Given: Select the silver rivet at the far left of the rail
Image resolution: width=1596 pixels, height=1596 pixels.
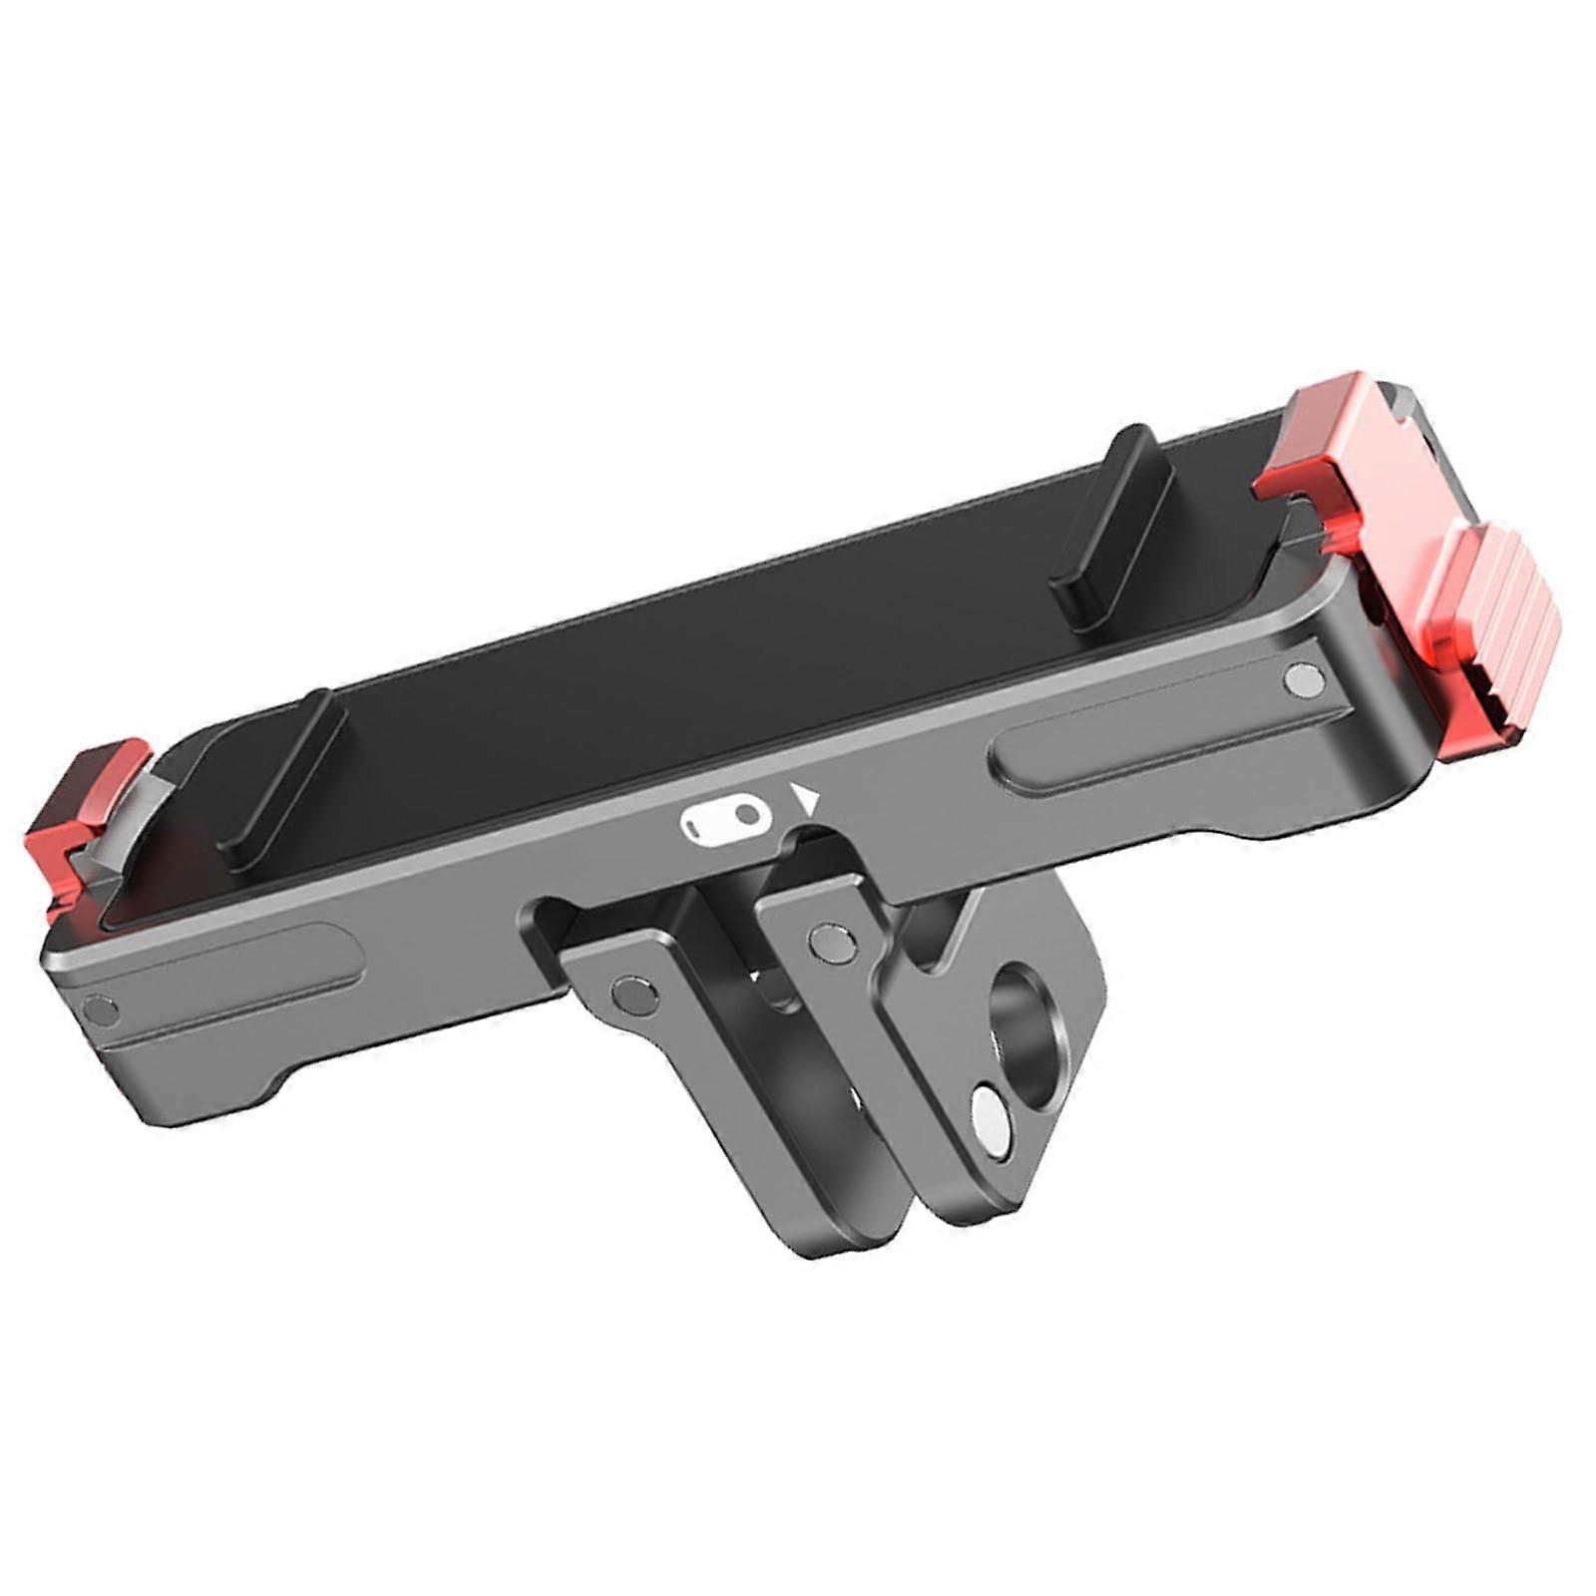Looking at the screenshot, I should (100, 1008).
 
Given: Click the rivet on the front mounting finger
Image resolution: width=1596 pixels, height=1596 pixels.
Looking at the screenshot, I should (632, 992).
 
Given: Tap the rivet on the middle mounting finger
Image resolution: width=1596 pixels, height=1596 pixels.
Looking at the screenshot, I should (830, 939).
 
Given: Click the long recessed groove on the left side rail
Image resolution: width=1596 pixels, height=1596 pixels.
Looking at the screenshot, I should (229, 983).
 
